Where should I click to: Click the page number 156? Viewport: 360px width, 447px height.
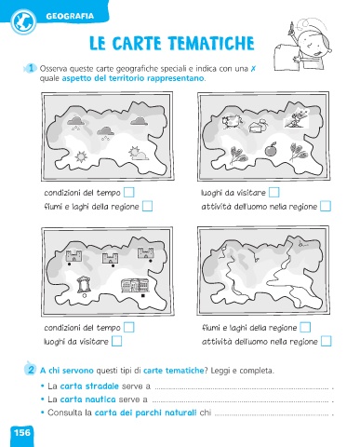pyautogui.click(x=22, y=432)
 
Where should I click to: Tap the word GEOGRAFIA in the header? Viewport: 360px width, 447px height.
pyautogui.click(x=70, y=16)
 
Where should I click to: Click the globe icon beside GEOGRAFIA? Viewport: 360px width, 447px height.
pyautogui.click(x=23, y=21)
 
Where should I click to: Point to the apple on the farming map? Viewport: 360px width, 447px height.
pyautogui.click(x=271, y=149)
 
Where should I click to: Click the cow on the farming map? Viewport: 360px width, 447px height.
pyautogui.click(x=232, y=121)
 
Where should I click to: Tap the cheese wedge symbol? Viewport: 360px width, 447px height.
pyautogui.click(x=258, y=126)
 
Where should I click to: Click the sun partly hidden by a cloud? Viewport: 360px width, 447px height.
pyautogui.click(x=138, y=154)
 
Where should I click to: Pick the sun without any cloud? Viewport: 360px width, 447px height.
pyautogui.click(x=81, y=156)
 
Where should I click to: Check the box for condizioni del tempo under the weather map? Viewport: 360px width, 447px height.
pyautogui.click(x=129, y=192)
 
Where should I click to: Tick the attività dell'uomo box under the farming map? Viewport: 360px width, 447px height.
pyautogui.click(x=326, y=206)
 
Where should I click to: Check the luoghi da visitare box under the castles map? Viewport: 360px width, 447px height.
pyautogui.click(x=116, y=341)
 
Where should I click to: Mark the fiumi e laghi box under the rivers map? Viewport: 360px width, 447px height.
pyautogui.click(x=305, y=327)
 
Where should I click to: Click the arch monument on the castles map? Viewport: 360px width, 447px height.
pyautogui.click(x=84, y=284)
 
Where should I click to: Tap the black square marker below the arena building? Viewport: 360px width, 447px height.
pyautogui.click(x=143, y=296)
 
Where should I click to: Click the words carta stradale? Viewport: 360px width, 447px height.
pyautogui.click(x=89, y=386)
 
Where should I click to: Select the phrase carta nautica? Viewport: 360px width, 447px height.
pyautogui.click(x=87, y=400)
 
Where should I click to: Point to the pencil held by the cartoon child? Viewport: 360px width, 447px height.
pyautogui.click(x=292, y=28)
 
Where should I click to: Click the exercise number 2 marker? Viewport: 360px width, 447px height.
pyautogui.click(x=31, y=370)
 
